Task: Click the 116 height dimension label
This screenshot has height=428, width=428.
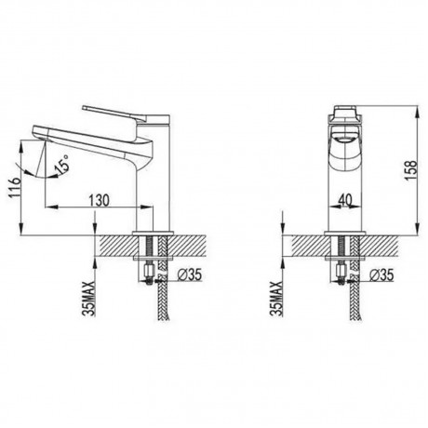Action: [14, 188]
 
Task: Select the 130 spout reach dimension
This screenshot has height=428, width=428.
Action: [100, 200]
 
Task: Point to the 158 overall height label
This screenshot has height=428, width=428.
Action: [411, 170]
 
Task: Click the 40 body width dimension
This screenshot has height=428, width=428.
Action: [345, 200]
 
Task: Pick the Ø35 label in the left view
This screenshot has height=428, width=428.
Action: [190, 274]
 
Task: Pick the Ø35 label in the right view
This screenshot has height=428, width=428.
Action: [381, 274]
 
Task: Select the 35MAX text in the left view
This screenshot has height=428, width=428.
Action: [89, 299]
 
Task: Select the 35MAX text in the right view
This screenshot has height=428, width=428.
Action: [277, 299]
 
